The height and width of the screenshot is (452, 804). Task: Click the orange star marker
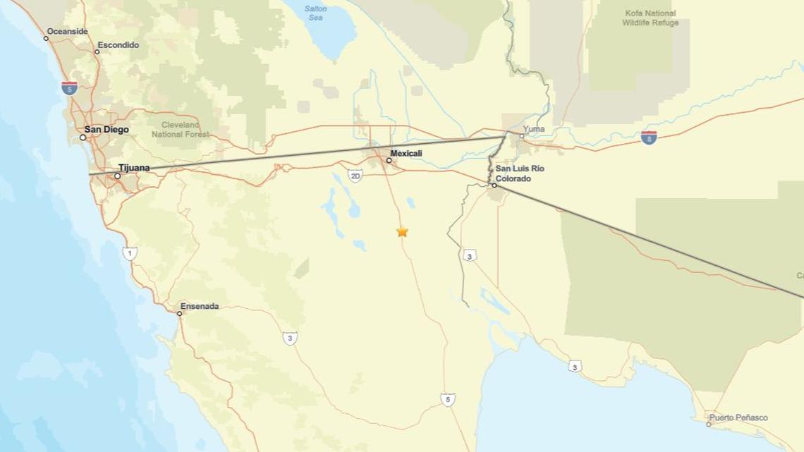[402, 231]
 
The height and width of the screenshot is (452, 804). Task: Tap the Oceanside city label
[67, 32]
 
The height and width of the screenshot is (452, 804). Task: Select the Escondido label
[118, 45]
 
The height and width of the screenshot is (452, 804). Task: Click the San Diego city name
[106, 130]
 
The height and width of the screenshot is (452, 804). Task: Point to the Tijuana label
[134, 168]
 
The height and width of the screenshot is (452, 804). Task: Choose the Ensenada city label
[200, 306]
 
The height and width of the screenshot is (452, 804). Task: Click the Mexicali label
[406, 153]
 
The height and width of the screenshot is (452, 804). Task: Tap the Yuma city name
[535, 130]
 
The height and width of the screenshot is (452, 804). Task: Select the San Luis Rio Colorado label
[520, 173]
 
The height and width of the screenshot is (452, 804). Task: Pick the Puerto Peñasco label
[738, 417]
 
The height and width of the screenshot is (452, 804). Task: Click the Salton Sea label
[316, 13]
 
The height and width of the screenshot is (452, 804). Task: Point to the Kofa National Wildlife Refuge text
[650, 18]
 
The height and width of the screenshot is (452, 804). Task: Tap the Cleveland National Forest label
[181, 129]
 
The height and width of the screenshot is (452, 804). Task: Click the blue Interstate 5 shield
[69, 87]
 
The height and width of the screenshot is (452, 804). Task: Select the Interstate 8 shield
[649, 138]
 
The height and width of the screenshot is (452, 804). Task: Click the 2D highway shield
[355, 175]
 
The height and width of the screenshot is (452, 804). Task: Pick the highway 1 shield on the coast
[130, 253]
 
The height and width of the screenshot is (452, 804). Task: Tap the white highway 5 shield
[448, 399]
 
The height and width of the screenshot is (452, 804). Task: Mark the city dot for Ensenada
[180, 313]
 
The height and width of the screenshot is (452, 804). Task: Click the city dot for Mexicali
[389, 160]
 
